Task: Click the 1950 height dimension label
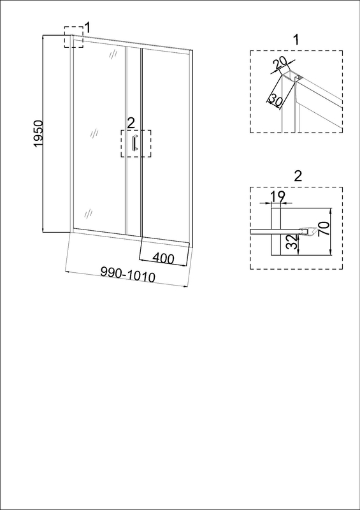[38, 134]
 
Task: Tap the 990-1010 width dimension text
[127, 275]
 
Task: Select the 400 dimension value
[163, 258]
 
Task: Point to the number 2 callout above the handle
[131, 123]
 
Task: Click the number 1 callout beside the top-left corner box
[87, 27]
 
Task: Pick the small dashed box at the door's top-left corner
[73, 37]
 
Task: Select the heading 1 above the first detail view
[296, 40]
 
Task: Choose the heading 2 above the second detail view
[298, 176]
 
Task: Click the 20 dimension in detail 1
[280, 63]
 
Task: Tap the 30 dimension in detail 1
[276, 101]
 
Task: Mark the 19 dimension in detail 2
[277, 196]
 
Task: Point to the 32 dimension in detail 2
[293, 242]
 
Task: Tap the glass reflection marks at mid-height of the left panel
[94, 133]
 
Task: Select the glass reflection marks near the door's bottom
[89, 214]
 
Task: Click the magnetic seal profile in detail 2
[308, 231]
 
